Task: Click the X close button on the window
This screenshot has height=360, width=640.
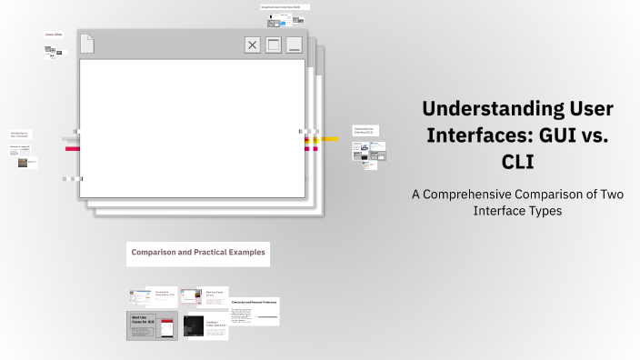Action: (x=253, y=45)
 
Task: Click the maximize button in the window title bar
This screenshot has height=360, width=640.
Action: (x=273, y=45)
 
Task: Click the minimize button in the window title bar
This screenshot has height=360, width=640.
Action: (x=294, y=45)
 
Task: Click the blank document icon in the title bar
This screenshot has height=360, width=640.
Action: (x=87, y=44)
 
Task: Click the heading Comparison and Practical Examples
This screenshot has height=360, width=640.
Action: (x=198, y=252)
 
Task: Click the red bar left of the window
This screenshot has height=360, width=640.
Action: (x=72, y=148)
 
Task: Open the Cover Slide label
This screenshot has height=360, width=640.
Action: (x=54, y=35)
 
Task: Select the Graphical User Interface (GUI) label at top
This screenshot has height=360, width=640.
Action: (x=284, y=6)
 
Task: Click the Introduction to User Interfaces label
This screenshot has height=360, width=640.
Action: (x=19, y=135)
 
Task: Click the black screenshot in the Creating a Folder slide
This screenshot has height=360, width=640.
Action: (x=194, y=326)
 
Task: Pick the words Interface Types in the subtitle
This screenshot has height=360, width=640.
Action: (x=518, y=211)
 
